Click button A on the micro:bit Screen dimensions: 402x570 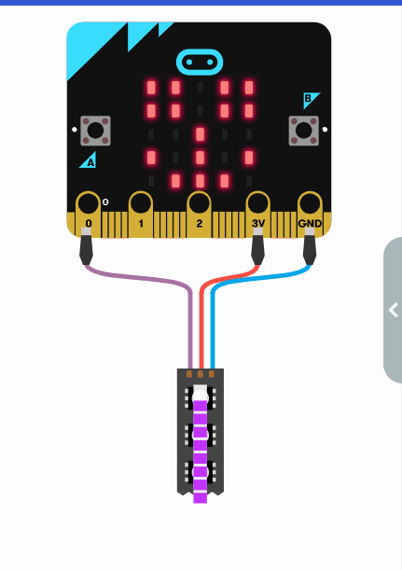pos(95,131)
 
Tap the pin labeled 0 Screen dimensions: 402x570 pos(89,214)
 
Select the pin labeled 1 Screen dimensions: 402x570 pos(141,214)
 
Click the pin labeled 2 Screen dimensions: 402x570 pos(199,214)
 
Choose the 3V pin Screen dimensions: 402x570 pos(258,214)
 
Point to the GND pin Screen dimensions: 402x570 pos(310,214)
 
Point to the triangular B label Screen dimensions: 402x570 pos(310,99)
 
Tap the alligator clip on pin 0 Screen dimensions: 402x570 pos(86,246)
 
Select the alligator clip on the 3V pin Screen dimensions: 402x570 pos(257,246)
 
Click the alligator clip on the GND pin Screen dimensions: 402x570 pos(310,246)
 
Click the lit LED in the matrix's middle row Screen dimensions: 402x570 pos(200,134)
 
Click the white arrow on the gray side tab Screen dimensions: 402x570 pos(394,310)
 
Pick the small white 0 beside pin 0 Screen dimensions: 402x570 pos(105,202)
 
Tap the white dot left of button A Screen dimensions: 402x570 pos(75,129)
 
